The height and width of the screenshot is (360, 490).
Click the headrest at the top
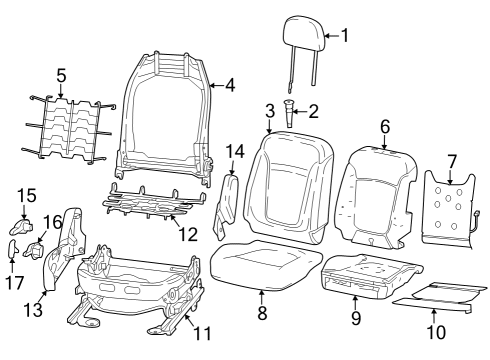coord(302,32)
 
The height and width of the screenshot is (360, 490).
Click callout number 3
coord(270,110)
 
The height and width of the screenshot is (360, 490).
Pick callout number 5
coord(60,74)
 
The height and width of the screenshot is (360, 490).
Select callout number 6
coord(384,126)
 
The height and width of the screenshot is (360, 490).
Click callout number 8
coord(262,312)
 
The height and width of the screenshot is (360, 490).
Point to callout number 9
coord(356,319)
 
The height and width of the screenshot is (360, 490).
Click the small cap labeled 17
coord(15,247)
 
